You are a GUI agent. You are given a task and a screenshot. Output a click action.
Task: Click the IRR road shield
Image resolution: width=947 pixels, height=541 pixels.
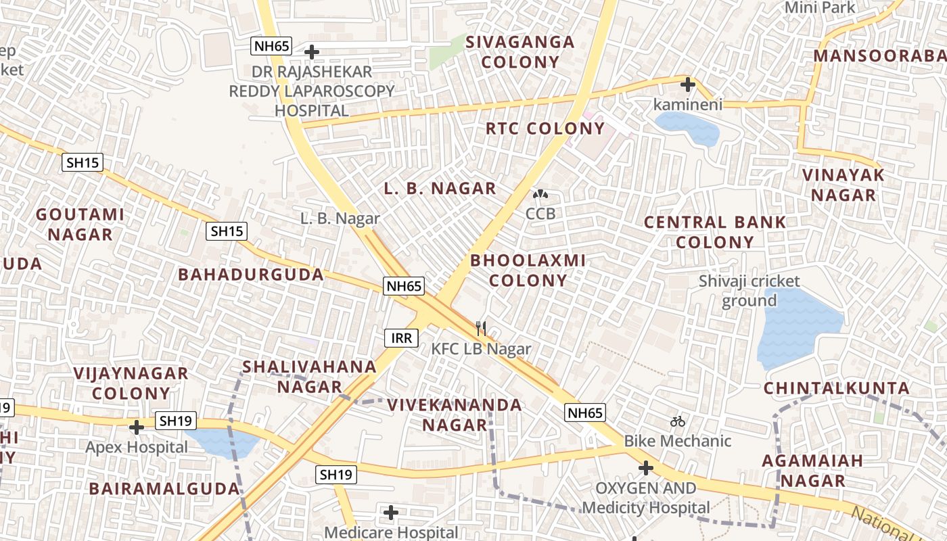coord(402,337)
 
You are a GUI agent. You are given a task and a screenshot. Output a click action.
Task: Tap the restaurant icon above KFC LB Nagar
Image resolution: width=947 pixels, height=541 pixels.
coord(481,329)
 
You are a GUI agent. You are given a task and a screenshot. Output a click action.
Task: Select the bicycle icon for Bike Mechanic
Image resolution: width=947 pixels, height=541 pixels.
coord(678,422)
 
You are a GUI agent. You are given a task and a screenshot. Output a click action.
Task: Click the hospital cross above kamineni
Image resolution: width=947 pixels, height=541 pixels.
coord(688,85)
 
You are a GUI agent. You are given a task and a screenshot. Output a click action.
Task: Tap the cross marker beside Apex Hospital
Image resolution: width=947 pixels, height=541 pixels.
coord(137,427)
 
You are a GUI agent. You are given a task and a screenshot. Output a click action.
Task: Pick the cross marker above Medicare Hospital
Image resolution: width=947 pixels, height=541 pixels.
coord(390,513)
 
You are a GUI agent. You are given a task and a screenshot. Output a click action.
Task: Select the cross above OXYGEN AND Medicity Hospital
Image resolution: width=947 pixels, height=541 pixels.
coord(646,468)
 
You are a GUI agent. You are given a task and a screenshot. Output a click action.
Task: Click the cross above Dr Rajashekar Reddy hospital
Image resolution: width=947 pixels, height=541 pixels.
coord(312,51)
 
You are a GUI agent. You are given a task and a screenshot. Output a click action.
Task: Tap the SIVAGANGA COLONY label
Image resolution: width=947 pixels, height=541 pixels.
coord(520,52)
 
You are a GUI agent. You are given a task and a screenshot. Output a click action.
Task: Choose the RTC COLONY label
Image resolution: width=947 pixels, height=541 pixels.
coord(545,128)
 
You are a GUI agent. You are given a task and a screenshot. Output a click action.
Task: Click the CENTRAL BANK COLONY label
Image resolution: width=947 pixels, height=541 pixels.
coord(715,232)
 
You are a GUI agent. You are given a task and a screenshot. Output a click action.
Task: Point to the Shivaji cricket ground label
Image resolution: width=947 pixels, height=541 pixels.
coord(749,291)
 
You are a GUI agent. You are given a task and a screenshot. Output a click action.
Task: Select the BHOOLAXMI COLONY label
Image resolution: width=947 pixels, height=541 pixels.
coord(528,270)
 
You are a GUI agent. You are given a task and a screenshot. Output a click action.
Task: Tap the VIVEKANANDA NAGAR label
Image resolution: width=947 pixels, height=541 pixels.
coord(455,415)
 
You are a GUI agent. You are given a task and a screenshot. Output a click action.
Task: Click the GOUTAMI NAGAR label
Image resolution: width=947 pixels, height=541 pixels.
coord(80,225)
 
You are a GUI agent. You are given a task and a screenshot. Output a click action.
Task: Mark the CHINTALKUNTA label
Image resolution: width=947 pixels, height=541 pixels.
coord(837,388)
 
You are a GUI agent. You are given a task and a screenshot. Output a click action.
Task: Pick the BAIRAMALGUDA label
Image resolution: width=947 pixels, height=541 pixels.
coord(164,488)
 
